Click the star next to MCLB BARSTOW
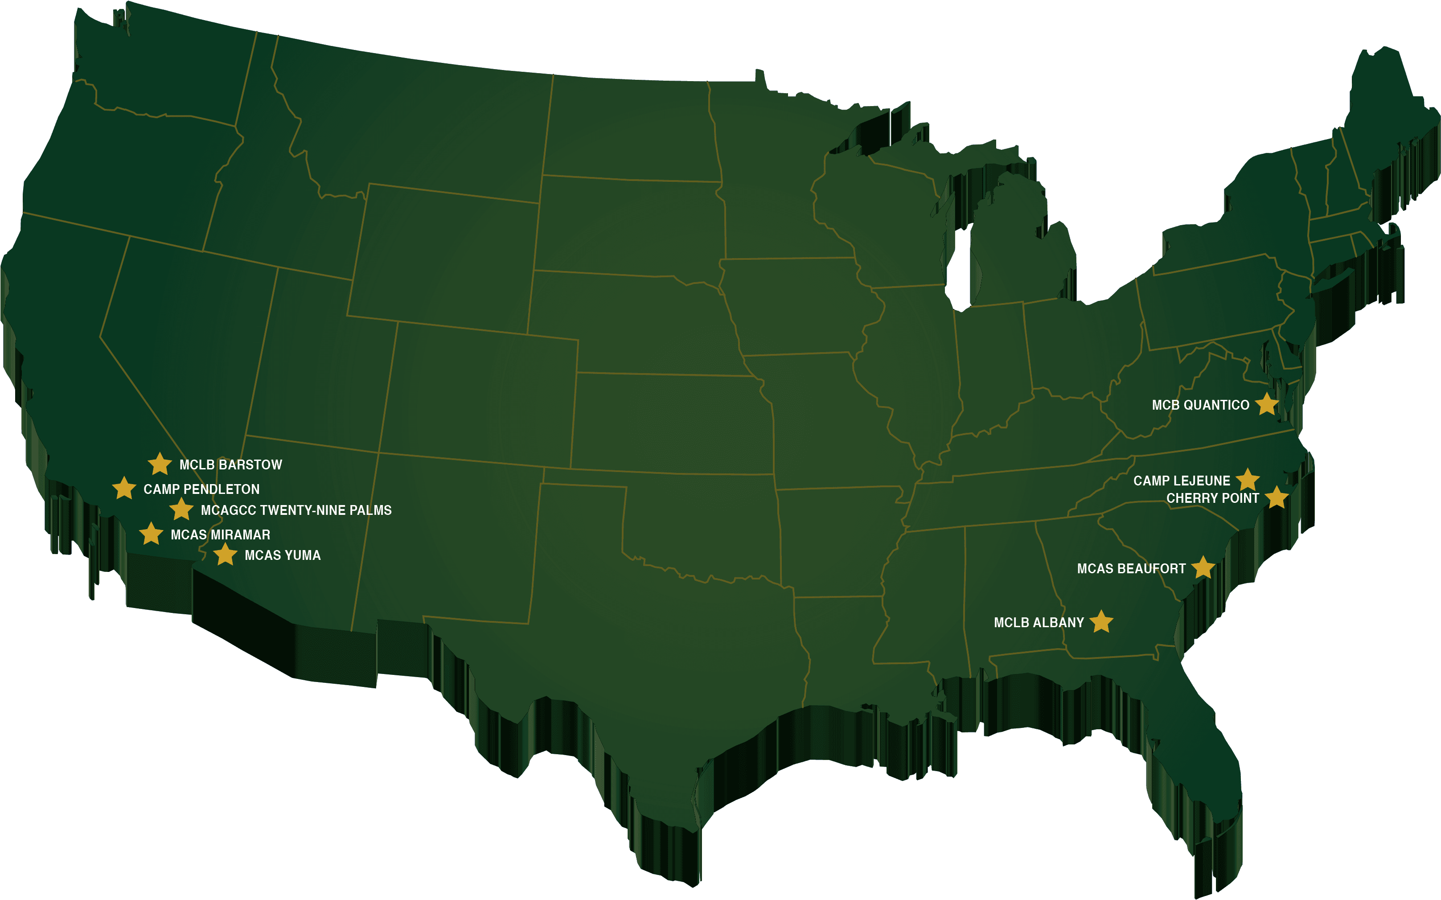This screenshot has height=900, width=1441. [160, 464]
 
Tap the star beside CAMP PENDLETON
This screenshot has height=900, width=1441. [124, 488]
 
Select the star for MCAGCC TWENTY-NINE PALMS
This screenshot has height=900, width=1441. [181, 510]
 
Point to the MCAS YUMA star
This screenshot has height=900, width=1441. [225, 554]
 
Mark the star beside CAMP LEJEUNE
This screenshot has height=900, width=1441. [1248, 480]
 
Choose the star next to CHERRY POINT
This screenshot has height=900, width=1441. [1276, 497]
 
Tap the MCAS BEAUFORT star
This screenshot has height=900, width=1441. [1203, 568]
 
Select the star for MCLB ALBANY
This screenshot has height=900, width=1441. [1101, 621]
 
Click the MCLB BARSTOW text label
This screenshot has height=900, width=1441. [231, 465]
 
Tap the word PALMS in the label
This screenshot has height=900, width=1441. [371, 510]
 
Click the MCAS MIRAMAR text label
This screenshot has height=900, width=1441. [220, 534]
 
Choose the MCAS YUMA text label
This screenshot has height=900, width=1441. [283, 555]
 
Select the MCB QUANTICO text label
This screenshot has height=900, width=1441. [1200, 405]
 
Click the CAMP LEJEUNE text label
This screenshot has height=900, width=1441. [1182, 481]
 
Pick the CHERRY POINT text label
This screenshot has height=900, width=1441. [1212, 498]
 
